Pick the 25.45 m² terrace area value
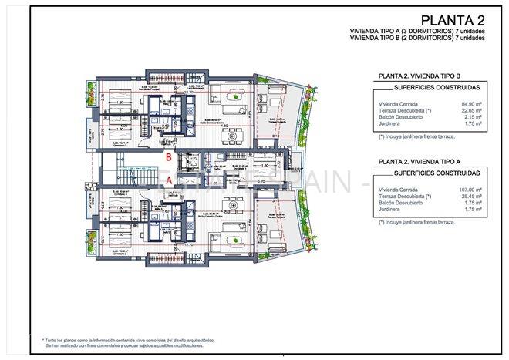(472, 197)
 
